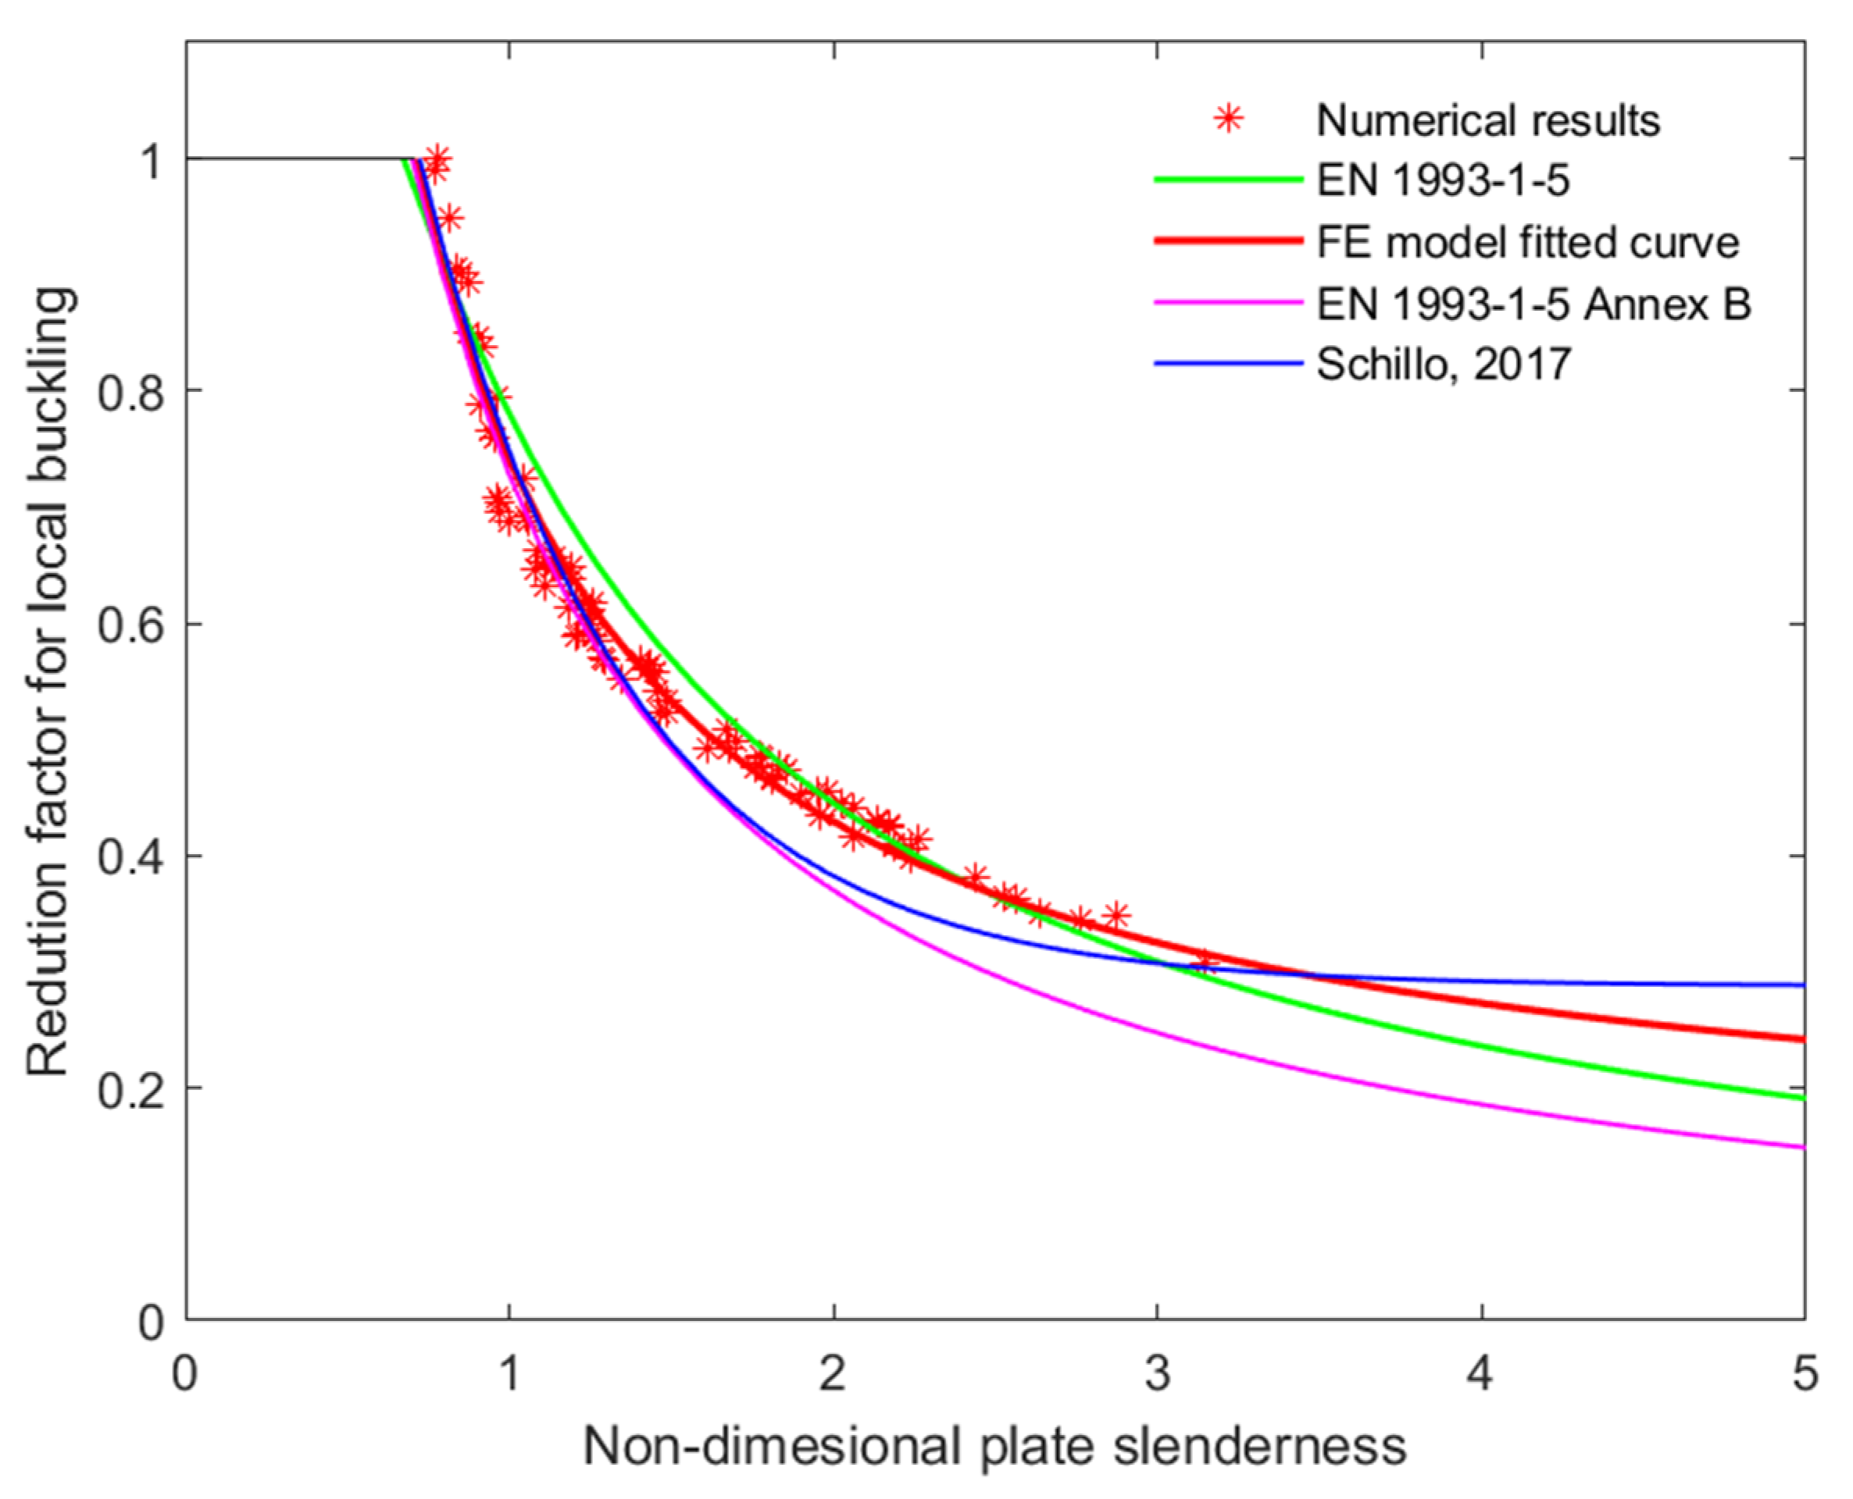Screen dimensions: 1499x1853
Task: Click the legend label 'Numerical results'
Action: click(x=1487, y=121)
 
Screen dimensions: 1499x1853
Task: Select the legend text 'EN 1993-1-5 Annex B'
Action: click(x=1533, y=304)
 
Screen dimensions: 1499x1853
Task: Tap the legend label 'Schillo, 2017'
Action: click(x=1443, y=365)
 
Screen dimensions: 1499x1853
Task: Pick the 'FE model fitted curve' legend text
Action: click(x=1527, y=243)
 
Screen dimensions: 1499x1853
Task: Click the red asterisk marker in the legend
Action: click(x=1227, y=119)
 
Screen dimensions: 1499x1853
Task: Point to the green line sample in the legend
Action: click(x=1227, y=180)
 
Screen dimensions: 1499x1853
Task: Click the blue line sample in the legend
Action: click(x=1227, y=364)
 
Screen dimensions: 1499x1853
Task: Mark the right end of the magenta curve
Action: click(x=1802, y=1148)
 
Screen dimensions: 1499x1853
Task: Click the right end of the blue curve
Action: click(x=1802, y=985)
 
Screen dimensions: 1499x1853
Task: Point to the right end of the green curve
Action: click(x=1802, y=1098)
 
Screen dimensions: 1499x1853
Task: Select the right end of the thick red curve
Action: click(x=1802, y=1040)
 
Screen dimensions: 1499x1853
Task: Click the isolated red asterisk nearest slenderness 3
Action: click(x=1206, y=961)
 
